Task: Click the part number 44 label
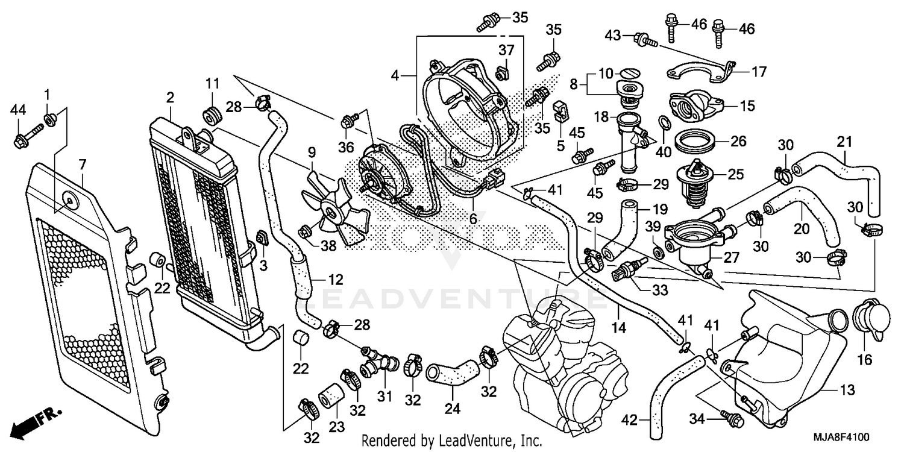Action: point(19,109)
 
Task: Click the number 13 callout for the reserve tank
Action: point(847,391)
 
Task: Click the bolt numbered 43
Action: point(643,40)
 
